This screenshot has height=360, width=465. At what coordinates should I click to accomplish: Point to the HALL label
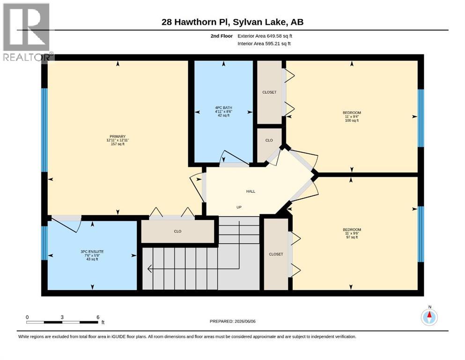(x=251, y=191)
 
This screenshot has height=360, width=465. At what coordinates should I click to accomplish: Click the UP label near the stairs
(x=239, y=207)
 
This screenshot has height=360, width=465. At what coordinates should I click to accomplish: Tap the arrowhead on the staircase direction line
(x=149, y=269)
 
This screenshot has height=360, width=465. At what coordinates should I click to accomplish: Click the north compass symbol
(x=429, y=317)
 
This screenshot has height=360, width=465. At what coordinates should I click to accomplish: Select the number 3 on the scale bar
(x=62, y=317)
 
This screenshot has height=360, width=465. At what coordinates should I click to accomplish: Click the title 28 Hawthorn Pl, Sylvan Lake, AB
(x=232, y=22)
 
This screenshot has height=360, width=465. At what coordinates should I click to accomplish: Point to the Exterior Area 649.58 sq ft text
(x=265, y=36)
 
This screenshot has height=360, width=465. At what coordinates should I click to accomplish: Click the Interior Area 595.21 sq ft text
(x=264, y=44)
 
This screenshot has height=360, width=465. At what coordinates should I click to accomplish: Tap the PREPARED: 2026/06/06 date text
(x=232, y=321)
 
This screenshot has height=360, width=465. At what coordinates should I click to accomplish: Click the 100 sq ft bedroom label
(x=352, y=117)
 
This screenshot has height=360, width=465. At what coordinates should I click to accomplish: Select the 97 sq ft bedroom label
(x=352, y=233)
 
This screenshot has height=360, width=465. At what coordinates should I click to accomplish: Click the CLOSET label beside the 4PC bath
(x=269, y=92)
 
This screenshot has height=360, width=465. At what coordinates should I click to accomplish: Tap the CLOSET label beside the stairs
(x=276, y=255)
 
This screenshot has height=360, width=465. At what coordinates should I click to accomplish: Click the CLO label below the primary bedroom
(x=177, y=231)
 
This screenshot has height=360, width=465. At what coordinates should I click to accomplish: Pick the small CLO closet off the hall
(x=269, y=140)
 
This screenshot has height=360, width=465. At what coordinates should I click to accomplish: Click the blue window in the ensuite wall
(x=44, y=243)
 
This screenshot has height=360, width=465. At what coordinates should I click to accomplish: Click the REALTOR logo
(x=27, y=32)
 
